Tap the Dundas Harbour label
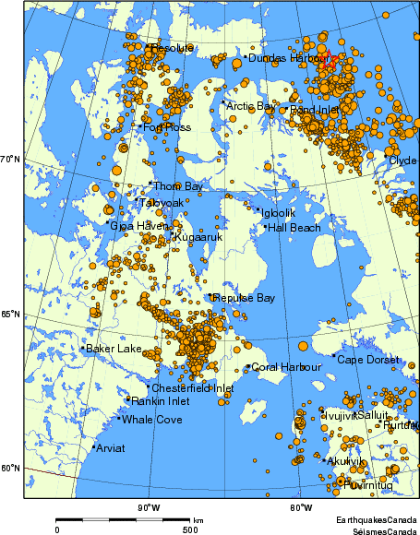click(x=282, y=58)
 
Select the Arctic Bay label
click(x=251, y=106)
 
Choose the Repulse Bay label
click(x=244, y=298)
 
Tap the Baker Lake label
click(x=114, y=349)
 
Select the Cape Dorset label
click(x=367, y=359)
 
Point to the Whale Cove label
click(x=152, y=420)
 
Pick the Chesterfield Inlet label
click(x=192, y=388)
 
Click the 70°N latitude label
click(x=10, y=160)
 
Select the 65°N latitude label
click(x=10, y=315)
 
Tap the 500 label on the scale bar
click(x=189, y=529)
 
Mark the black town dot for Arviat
click(x=93, y=447)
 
